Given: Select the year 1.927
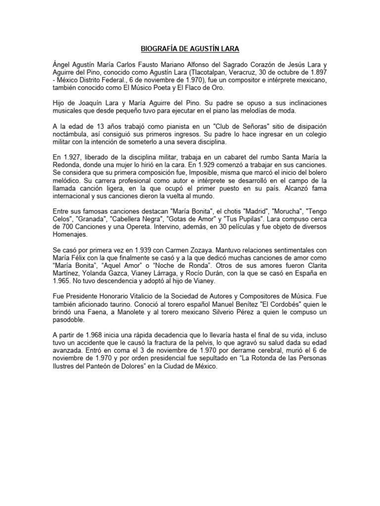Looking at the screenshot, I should (x=72, y=156).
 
